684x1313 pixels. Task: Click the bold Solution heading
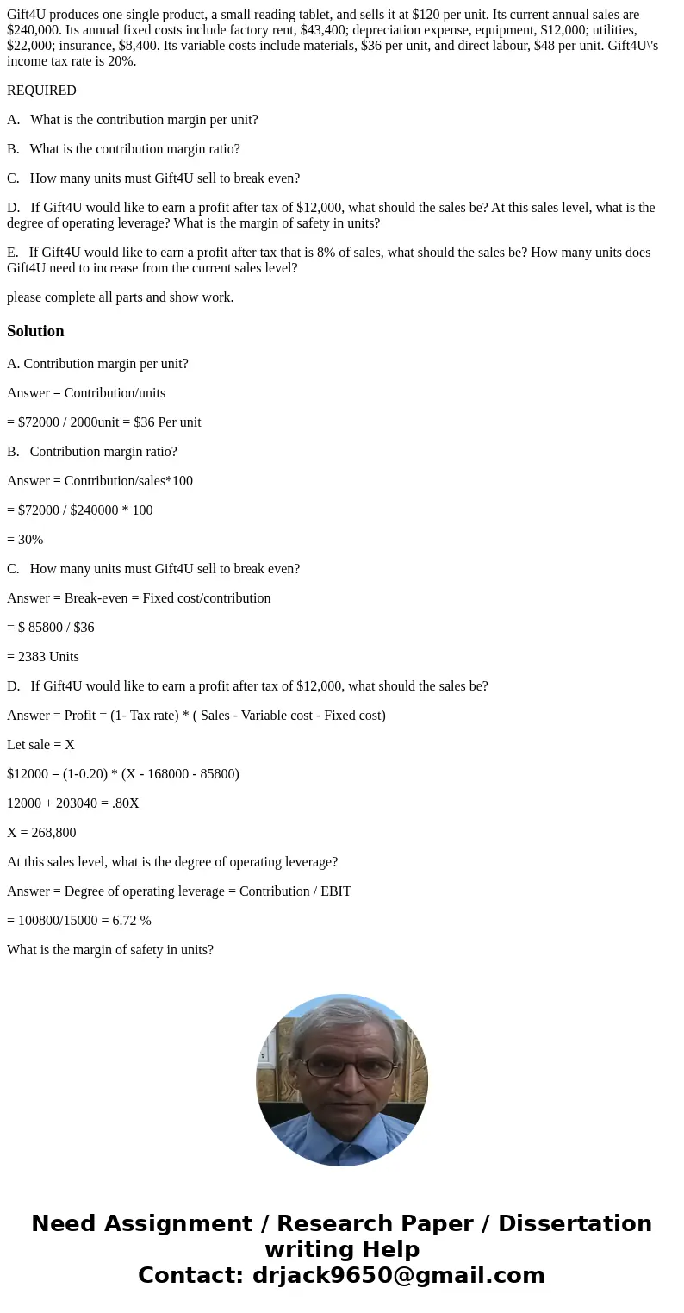tap(35, 331)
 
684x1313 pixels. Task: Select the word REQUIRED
tap(41, 91)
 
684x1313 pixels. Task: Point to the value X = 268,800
tap(41, 833)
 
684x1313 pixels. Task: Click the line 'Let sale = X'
tap(40, 745)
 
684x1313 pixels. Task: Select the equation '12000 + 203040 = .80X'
tap(73, 803)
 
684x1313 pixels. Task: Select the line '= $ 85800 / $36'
tap(51, 628)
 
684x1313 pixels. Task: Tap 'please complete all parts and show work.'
tap(120, 297)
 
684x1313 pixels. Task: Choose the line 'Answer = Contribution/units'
tap(86, 393)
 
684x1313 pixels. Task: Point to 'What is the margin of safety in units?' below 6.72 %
tap(110, 950)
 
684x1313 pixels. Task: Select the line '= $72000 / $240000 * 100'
tap(80, 510)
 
